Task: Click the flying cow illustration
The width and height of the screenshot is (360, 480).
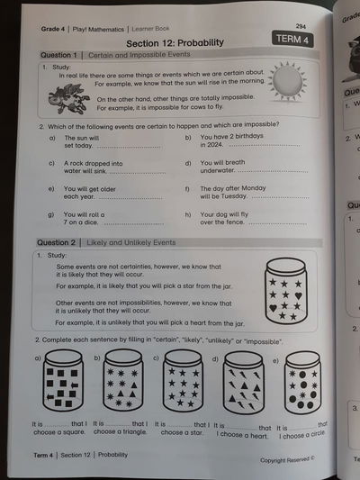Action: (72, 97)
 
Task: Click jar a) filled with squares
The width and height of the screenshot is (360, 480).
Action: (64, 384)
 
